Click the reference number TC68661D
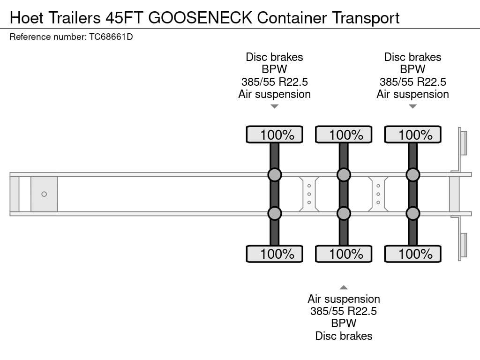point(111,37)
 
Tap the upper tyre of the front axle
point(275,135)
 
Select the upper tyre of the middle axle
point(344,135)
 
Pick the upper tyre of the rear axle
point(412,135)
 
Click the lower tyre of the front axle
point(275,254)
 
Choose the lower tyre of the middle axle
point(344,254)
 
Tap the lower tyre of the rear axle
point(412,254)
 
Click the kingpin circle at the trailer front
point(44,194)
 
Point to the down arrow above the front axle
point(275,106)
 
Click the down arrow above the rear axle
point(412,106)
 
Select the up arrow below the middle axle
point(344,287)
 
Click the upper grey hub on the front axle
point(274,175)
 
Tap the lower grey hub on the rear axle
point(412,214)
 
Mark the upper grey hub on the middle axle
point(344,175)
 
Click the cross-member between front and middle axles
point(309,194)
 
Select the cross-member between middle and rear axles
point(378,194)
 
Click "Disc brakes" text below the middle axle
point(344,336)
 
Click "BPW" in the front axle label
point(275,69)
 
